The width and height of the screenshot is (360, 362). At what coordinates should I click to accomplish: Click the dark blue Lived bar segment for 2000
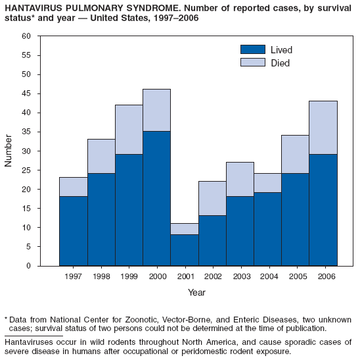(x=156, y=198)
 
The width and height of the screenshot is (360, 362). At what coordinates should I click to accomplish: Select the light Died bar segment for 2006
(x=323, y=128)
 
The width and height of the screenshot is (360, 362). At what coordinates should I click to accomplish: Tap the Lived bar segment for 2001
(x=185, y=250)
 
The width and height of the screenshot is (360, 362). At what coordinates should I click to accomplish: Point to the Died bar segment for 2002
(x=212, y=198)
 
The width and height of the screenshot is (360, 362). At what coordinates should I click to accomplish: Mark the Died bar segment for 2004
(x=268, y=183)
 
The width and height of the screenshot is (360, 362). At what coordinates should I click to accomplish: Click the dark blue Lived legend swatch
(x=252, y=50)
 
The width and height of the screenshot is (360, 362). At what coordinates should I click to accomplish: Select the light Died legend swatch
(x=252, y=63)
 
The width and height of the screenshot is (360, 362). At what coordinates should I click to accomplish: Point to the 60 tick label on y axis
(x=26, y=36)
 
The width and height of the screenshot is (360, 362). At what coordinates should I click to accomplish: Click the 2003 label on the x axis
(x=240, y=276)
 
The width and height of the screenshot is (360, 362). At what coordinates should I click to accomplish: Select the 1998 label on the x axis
(x=101, y=276)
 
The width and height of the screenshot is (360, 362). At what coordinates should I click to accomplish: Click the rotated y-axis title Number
(x=9, y=151)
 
